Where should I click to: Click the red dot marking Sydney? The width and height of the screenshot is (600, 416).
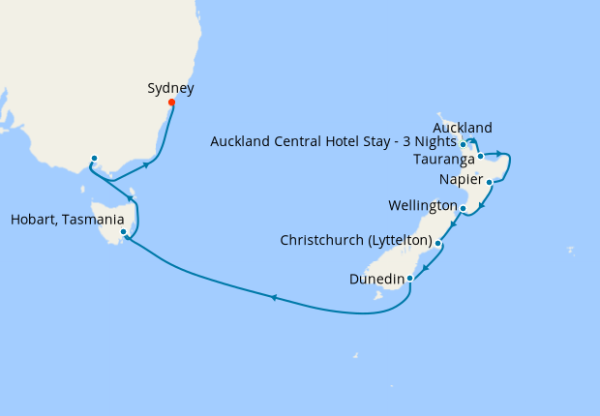[x=171, y=103]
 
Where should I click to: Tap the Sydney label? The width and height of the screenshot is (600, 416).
[x=170, y=88]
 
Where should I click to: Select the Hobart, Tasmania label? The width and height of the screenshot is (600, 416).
[x=67, y=219]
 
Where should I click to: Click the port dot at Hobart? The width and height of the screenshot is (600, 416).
[x=123, y=232]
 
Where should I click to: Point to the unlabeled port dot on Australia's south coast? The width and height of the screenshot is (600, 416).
[x=94, y=159]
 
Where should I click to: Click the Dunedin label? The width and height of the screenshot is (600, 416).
[x=377, y=279]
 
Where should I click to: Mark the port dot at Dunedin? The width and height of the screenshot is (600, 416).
[x=410, y=279]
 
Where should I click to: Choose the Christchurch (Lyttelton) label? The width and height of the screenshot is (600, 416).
[x=355, y=239]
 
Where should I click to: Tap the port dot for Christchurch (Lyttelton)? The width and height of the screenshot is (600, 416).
[x=438, y=244]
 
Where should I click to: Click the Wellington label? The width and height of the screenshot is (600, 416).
[x=422, y=206]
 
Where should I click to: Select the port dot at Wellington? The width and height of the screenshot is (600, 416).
[x=464, y=208]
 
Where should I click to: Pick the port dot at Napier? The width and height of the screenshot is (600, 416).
[x=490, y=182]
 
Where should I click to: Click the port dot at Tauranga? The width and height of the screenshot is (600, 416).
[x=480, y=155]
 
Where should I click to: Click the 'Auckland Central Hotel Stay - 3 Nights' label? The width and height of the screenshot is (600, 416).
[x=333, y=142]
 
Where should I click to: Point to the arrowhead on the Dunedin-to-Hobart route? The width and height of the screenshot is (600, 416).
[x=274, y=297]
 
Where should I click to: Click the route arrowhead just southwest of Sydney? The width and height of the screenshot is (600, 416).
[x=146, y=164]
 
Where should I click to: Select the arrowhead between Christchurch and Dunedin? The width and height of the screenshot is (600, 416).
[x=426, y=262]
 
